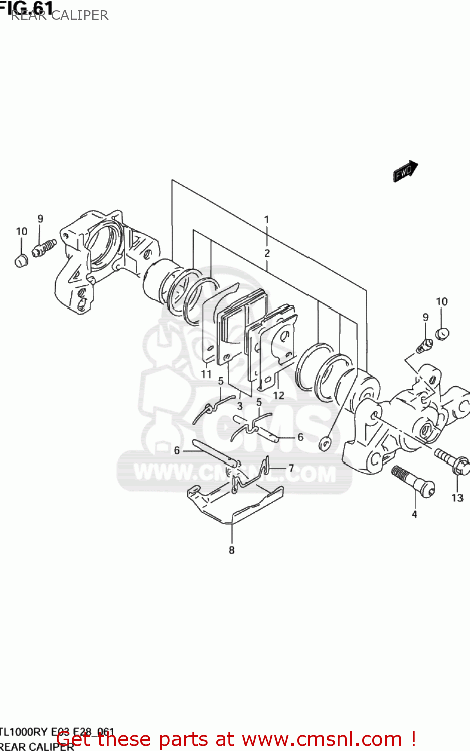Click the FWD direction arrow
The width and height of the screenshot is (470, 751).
click(405, 171)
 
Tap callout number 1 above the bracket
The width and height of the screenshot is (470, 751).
click(267, 219)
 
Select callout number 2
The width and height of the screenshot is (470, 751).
click(267, 253)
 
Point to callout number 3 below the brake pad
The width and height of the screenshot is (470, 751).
click(240, 406)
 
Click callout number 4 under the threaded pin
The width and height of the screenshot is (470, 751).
click(414, 514)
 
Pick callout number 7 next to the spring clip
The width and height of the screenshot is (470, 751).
click(291, 469)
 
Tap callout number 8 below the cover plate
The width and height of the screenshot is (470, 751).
click(231, 550)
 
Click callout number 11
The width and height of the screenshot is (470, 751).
click(206, 374)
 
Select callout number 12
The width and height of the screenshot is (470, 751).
click(278, 395)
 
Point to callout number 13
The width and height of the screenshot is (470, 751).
click(457, 497)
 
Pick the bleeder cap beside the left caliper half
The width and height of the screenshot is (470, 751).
click(21, 261)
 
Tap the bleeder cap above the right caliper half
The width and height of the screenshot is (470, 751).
click(441, 333)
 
